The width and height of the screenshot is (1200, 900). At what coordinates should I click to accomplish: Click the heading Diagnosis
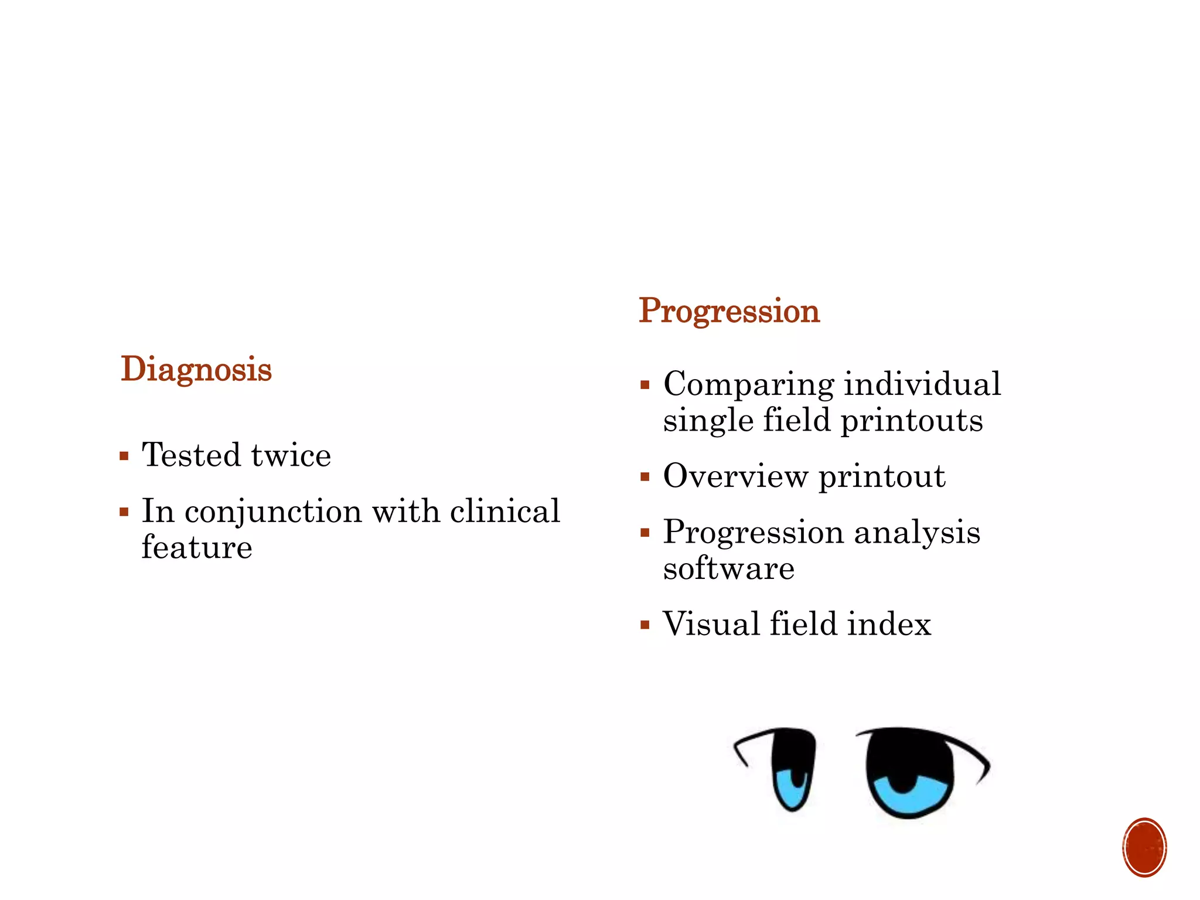[x=196, y=370]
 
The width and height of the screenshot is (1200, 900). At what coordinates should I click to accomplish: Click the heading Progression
[x=729, y=311]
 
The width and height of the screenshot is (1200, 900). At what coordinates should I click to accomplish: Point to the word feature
[x=197, y=547]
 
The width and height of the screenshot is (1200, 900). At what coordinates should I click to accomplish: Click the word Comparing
[x=748, y=385]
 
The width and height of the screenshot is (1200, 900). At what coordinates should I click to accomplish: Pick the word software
[x=728, y=568]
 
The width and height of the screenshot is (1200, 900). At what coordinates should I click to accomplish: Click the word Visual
[x=710, y=623]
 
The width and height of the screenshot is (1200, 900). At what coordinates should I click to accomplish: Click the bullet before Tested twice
[x=124, y=456]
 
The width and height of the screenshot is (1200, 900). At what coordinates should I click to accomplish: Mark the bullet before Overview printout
[x=645, y=477]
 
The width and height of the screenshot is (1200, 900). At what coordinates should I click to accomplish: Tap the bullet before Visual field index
[x=645, y=625]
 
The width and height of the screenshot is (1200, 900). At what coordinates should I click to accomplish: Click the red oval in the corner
[x=1144, y=847]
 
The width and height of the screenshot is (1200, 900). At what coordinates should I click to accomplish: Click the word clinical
[x=504, y=512]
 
